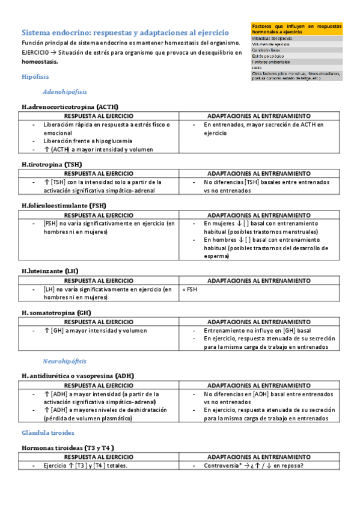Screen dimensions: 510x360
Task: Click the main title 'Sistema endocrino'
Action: pos(125,32)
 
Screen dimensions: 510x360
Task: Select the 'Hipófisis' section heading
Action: pos(35,77)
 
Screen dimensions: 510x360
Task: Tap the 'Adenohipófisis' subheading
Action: pos(65,92)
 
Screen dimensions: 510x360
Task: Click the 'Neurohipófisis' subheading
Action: pos(64,361)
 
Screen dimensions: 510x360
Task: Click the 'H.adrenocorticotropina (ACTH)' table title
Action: pos(70,107)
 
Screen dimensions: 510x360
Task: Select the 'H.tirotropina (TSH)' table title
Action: pos(52,164)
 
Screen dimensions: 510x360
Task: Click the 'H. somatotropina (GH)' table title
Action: pos(56,313)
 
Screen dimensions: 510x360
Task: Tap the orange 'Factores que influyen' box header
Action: pos(296,29)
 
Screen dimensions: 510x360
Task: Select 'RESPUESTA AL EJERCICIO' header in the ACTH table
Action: pos(99,116)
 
